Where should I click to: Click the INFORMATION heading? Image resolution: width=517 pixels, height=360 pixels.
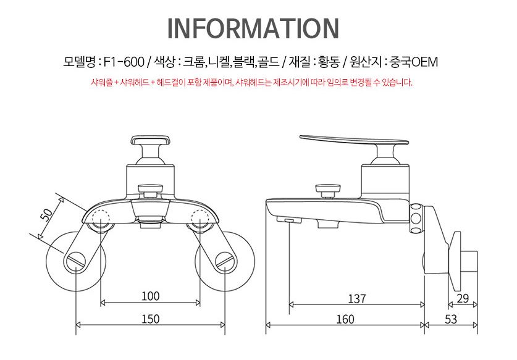[253, 28]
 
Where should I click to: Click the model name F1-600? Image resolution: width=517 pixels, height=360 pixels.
[123, 62]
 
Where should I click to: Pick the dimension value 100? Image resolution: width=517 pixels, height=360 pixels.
[150, 296]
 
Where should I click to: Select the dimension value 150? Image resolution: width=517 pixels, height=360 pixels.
[150, 319]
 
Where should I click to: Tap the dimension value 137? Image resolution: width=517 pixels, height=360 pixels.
[356, 299]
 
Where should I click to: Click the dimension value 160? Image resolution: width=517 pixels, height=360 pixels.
[345, 319]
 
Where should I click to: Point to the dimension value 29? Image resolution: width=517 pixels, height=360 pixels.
[463, 299]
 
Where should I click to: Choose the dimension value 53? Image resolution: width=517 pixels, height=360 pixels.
[450, 319]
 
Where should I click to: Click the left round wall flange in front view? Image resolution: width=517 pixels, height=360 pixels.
[74, 259]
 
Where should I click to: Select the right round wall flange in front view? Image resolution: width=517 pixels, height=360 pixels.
[226, 259]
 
